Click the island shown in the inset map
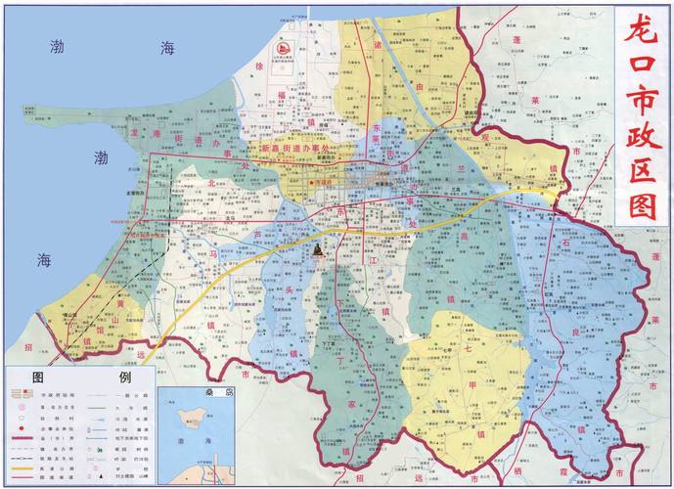click(187, 421)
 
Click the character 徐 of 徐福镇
click(259, 65)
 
